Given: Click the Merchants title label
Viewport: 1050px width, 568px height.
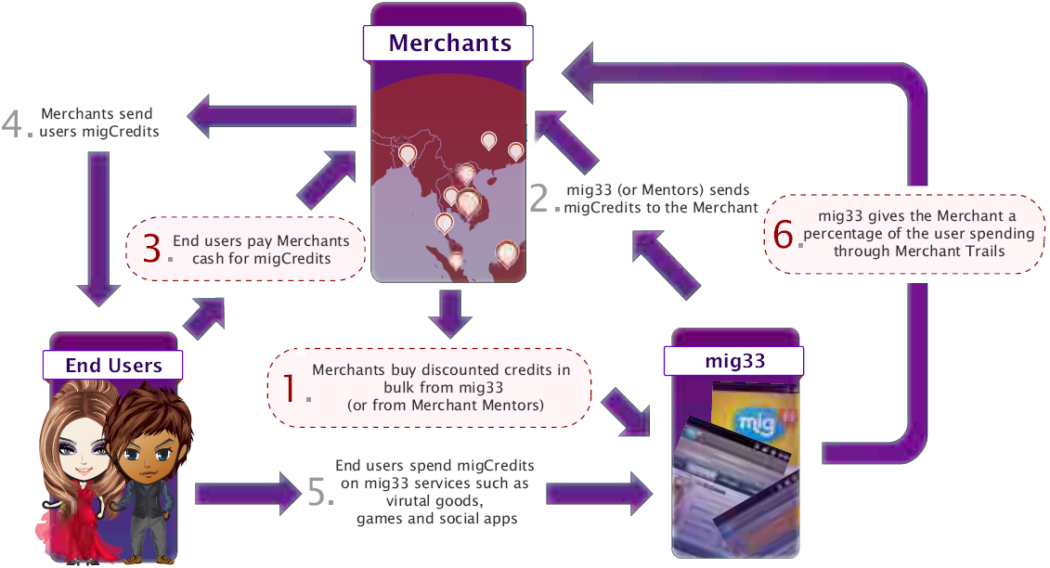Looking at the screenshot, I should click(x=449, y=43).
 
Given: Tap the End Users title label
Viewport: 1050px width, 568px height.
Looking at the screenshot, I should click(x=113, y=365).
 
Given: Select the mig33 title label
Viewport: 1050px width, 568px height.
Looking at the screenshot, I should click(x=733, y=360).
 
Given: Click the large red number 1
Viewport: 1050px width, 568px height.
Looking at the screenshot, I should click(x=289, y=387).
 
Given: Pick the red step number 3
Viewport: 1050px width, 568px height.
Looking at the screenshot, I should click(x=152, y=248).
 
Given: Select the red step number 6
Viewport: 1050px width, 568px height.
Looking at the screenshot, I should click(x=784, y=234).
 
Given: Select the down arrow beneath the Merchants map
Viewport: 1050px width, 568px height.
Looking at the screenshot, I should click(x=449, y=314).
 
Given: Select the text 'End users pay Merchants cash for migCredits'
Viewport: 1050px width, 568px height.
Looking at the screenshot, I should click(x=261, y=250).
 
